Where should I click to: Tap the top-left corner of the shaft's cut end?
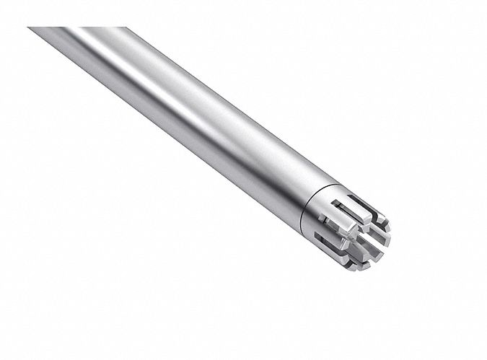[29, 28]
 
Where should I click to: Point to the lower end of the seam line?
[295, 227]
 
